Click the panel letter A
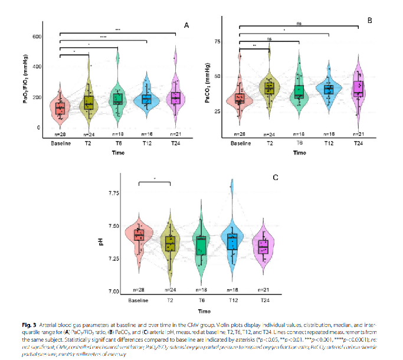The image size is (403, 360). [x=186, y=25]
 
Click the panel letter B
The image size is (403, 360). [x=370, y=20]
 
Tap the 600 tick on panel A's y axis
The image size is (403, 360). [x=35, y=37]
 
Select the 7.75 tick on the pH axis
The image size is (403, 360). [x=113, y=194]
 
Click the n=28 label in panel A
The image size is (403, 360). [x=60, y=135]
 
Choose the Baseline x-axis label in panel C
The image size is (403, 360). [x=139, y=299]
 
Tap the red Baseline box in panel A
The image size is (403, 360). [x=60, y=107]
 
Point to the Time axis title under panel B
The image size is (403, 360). [x=299, y=153]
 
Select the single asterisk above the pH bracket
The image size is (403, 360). [x=154, y=178]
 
